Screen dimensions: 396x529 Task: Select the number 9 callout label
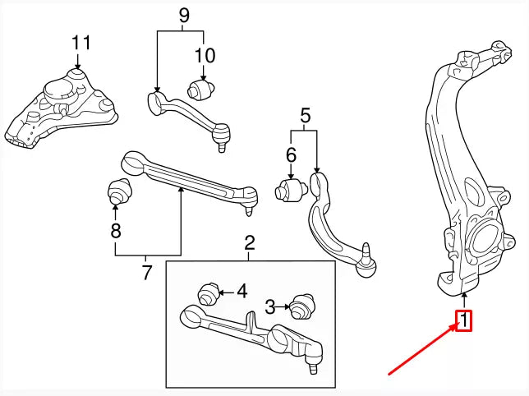[183, 14]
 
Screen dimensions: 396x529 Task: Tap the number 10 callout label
[205, 56]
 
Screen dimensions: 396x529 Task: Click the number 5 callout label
[305, 116]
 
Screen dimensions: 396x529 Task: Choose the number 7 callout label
[147, 273]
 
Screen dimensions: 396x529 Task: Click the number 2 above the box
[250, 242]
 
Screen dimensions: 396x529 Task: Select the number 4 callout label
[241, 290]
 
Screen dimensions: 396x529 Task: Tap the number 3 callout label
[270, 307]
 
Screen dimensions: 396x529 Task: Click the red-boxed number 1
[465, 320]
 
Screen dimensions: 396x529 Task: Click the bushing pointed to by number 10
[203, 86]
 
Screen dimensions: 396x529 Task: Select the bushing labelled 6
[290, 191]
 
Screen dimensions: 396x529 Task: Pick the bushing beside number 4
[211, 292]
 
